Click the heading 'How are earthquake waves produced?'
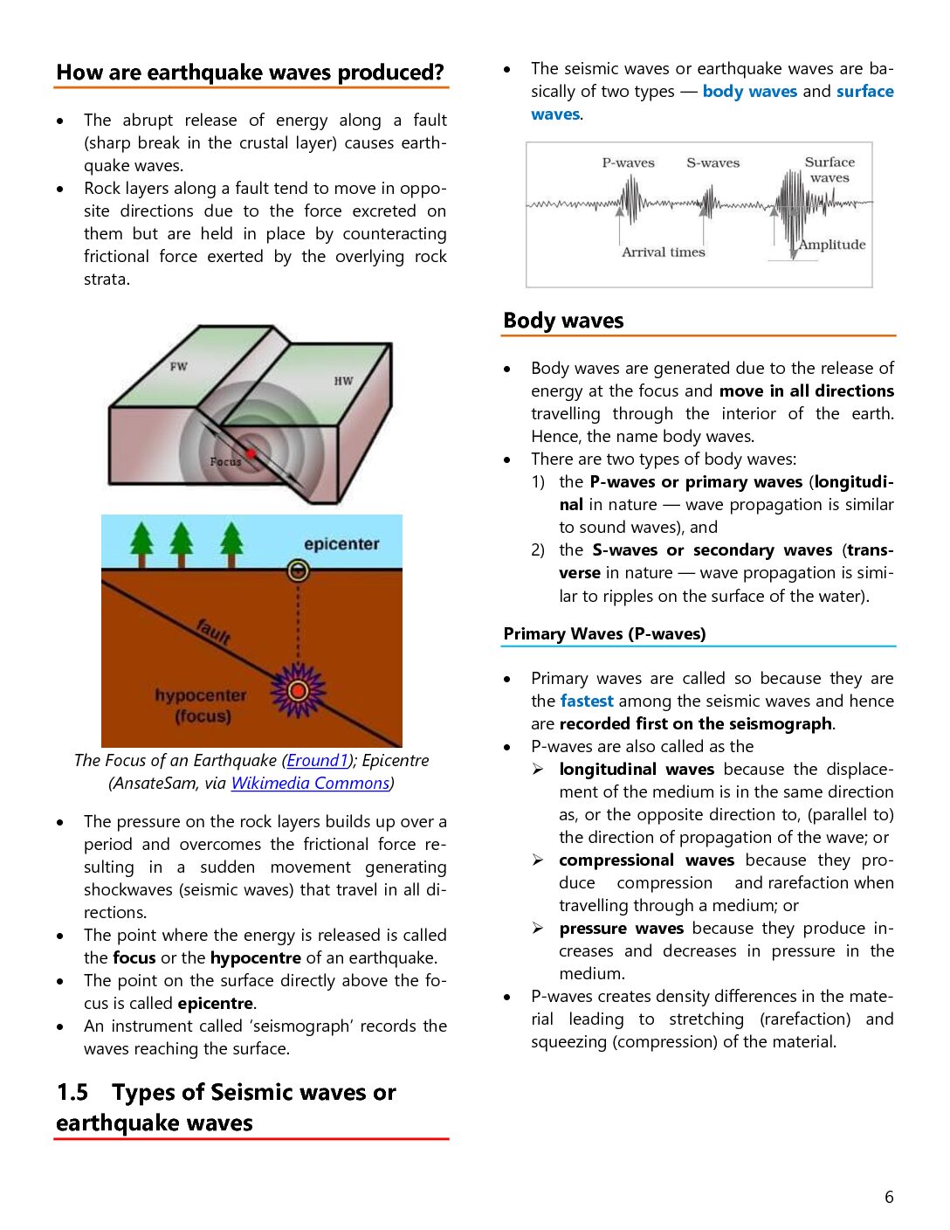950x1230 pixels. coord(250,73)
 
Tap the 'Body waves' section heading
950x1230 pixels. coord(563,321)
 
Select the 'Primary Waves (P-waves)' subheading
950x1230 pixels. coord(604,634)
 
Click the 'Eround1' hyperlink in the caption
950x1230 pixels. coord(317,761)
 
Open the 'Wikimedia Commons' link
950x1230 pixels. coord(310,784)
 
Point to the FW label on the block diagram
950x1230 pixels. coord(179,366)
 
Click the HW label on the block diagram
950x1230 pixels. coord(343,381)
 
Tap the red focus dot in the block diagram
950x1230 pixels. coord(251,453)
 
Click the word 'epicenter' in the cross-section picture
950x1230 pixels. coord(341,544)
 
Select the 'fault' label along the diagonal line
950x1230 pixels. coord(213,630)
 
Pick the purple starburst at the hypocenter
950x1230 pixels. coord(298,691)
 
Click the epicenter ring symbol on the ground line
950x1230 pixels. coord(298,571)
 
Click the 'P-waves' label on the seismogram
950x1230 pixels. coord(628,163)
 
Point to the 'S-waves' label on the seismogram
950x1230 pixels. coord(712,163)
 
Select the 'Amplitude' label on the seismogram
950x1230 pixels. coord(832,245)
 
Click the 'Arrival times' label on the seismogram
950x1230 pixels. coord(663,252)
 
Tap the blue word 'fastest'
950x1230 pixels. coord(587,701)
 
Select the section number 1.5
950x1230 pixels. coord(72,1093)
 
